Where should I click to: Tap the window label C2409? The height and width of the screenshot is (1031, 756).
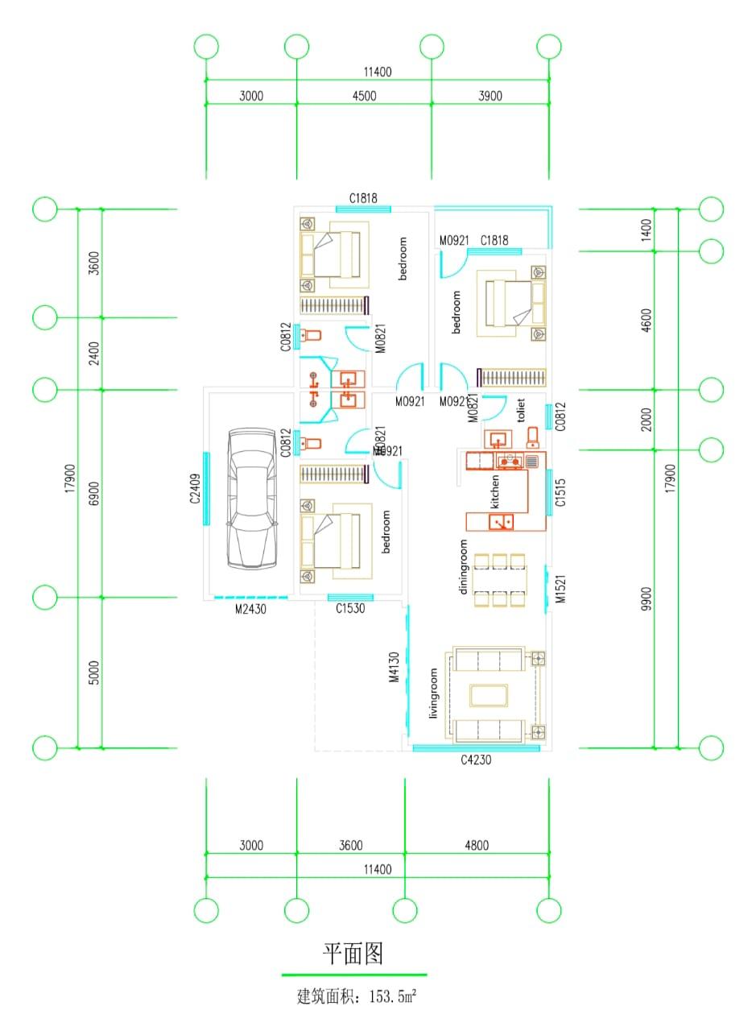pos(194,489)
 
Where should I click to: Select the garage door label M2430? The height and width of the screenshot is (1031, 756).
pos(250,610)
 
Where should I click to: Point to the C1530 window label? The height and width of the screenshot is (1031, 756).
pos(349,609)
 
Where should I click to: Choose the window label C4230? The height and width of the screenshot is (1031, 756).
pos(476,760)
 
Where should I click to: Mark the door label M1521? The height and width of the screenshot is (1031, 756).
pos(562,589)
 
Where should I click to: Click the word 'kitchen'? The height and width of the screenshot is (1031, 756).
pos(495,491)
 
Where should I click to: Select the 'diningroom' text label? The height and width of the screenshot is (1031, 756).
pos(463,566)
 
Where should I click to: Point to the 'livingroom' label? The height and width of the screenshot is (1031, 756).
pos(433,693)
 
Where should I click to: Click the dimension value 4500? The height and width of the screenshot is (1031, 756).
pos(364,96)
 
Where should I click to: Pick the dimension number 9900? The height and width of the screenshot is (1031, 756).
pos(647,598)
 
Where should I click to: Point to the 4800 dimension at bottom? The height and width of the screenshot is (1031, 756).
pos(476,846)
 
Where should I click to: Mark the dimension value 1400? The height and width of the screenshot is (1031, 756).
pos(647,230)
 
